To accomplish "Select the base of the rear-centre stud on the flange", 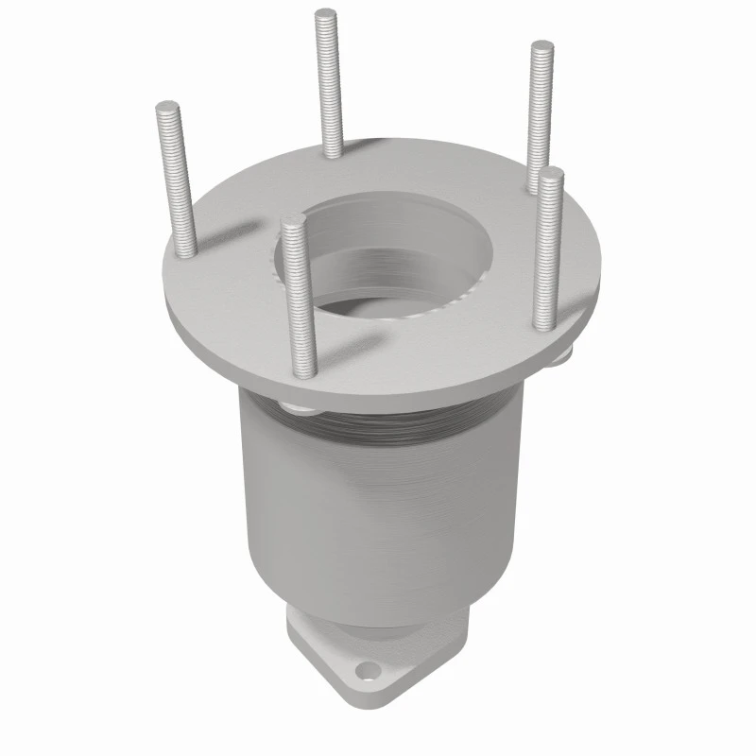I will coord(333,151).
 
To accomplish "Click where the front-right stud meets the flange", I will coord(546,324).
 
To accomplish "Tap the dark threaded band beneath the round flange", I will coord(397,425).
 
